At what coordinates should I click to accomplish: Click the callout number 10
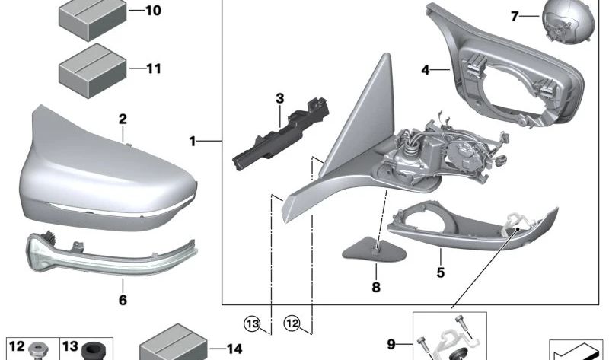tap(154, 11)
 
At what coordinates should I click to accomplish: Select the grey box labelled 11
tap(92, 70)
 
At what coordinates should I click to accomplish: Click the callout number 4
tap(426, 70)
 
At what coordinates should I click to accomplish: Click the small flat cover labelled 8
tap(374, 249)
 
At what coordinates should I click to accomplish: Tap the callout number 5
tap(441, 272)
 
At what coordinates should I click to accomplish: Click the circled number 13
tap(252, 323)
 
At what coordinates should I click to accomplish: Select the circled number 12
tap(292, 323)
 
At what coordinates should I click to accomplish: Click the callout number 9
tap(391, 344)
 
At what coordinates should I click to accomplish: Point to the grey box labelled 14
tap(174, 344)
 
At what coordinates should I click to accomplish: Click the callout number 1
tap(193, 142)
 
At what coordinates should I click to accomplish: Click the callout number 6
tap(123, 300)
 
